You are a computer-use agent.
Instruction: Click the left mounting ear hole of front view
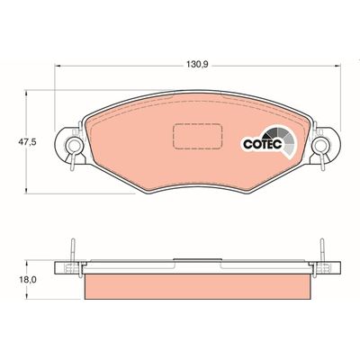tap(67, 142)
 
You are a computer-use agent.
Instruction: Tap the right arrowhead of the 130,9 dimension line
tap(339, 73)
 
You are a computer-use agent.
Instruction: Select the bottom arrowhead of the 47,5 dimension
tap(30, 192)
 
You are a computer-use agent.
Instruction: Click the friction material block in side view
tap(199, 287)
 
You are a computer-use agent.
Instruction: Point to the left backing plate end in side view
tap(63, 267)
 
